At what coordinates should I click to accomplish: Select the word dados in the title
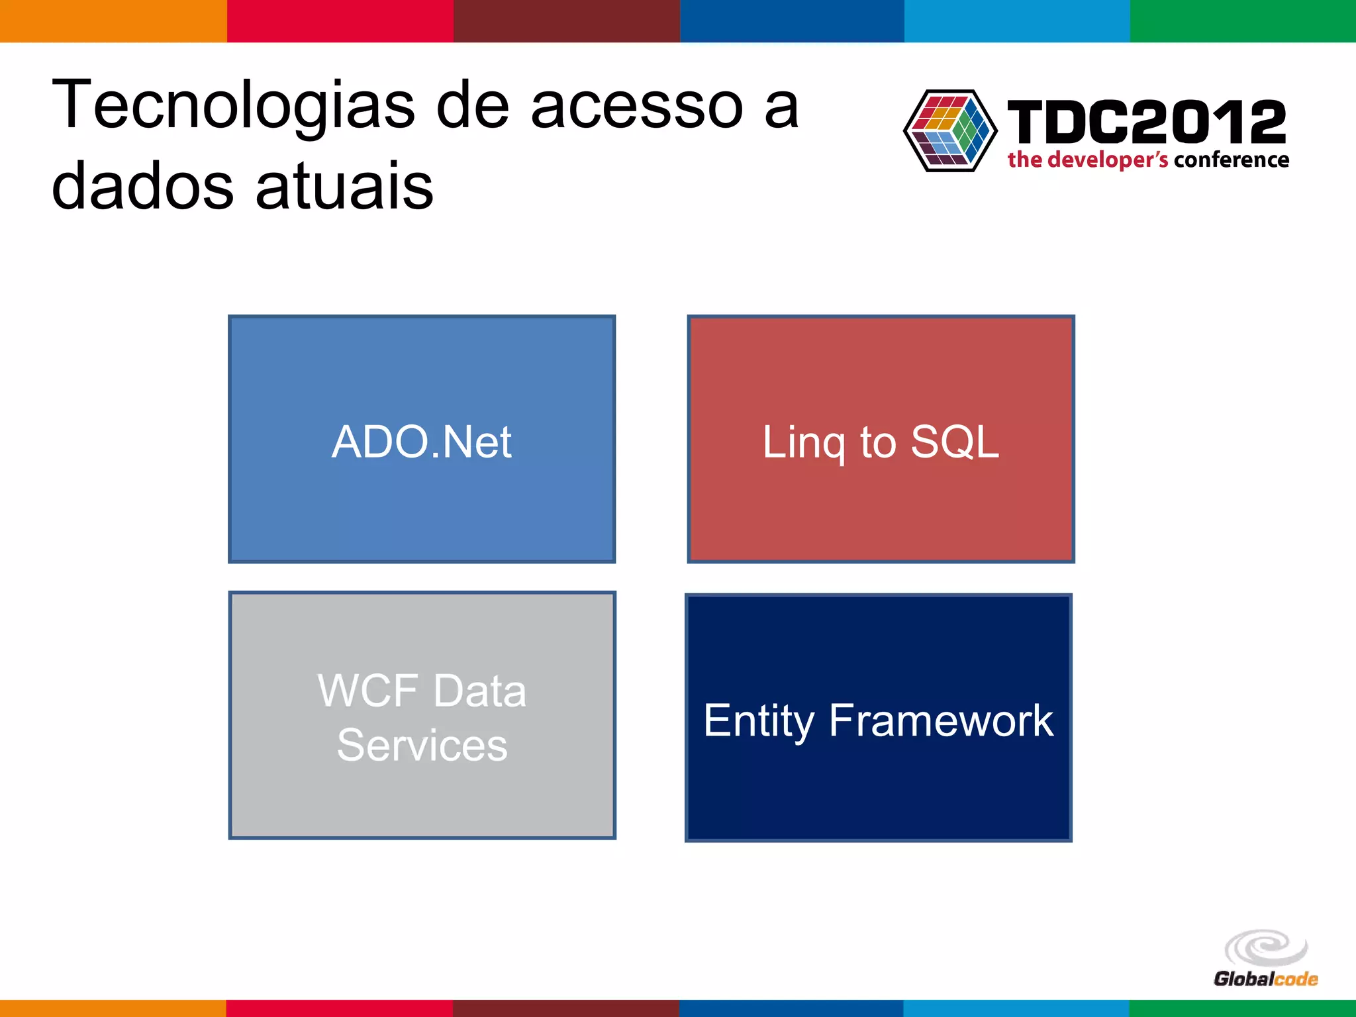[142, 187]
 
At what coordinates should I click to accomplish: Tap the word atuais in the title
[344, 187]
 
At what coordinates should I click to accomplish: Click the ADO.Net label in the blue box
[422, 442]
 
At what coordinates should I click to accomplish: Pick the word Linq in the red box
[803, 443]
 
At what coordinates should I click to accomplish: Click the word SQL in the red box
[954, 442]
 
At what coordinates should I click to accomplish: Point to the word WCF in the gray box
[366, 691]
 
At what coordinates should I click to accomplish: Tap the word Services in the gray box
[422, 746]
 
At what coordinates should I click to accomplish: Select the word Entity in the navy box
[758, 721]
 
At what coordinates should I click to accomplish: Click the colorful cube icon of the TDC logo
[950, 130]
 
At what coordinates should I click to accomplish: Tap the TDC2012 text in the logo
[1146, 122]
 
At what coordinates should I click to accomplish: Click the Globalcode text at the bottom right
[1265, 979]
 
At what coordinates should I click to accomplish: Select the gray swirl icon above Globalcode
[1266, 947]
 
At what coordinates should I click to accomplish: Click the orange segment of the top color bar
[113, 21]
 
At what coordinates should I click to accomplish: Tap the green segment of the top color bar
[1243, 21]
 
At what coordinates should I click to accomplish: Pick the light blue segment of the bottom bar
[1016, 1008]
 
